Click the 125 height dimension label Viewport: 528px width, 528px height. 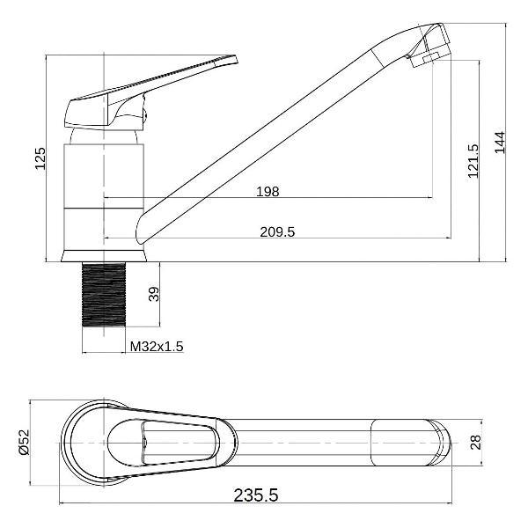coord(40,158)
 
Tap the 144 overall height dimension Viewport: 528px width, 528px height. coord(500,143)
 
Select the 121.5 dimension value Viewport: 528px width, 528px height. coord(473,161)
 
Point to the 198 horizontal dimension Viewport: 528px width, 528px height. coord(268,192)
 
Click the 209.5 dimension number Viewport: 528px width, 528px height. coord(277,232)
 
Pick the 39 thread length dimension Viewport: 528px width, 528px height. coord(153,294)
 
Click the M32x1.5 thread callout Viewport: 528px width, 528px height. coord(157,346)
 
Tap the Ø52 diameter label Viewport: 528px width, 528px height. coord(25,443)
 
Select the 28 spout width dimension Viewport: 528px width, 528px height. coord(476,442)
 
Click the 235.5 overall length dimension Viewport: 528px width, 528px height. coord(256,495)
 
